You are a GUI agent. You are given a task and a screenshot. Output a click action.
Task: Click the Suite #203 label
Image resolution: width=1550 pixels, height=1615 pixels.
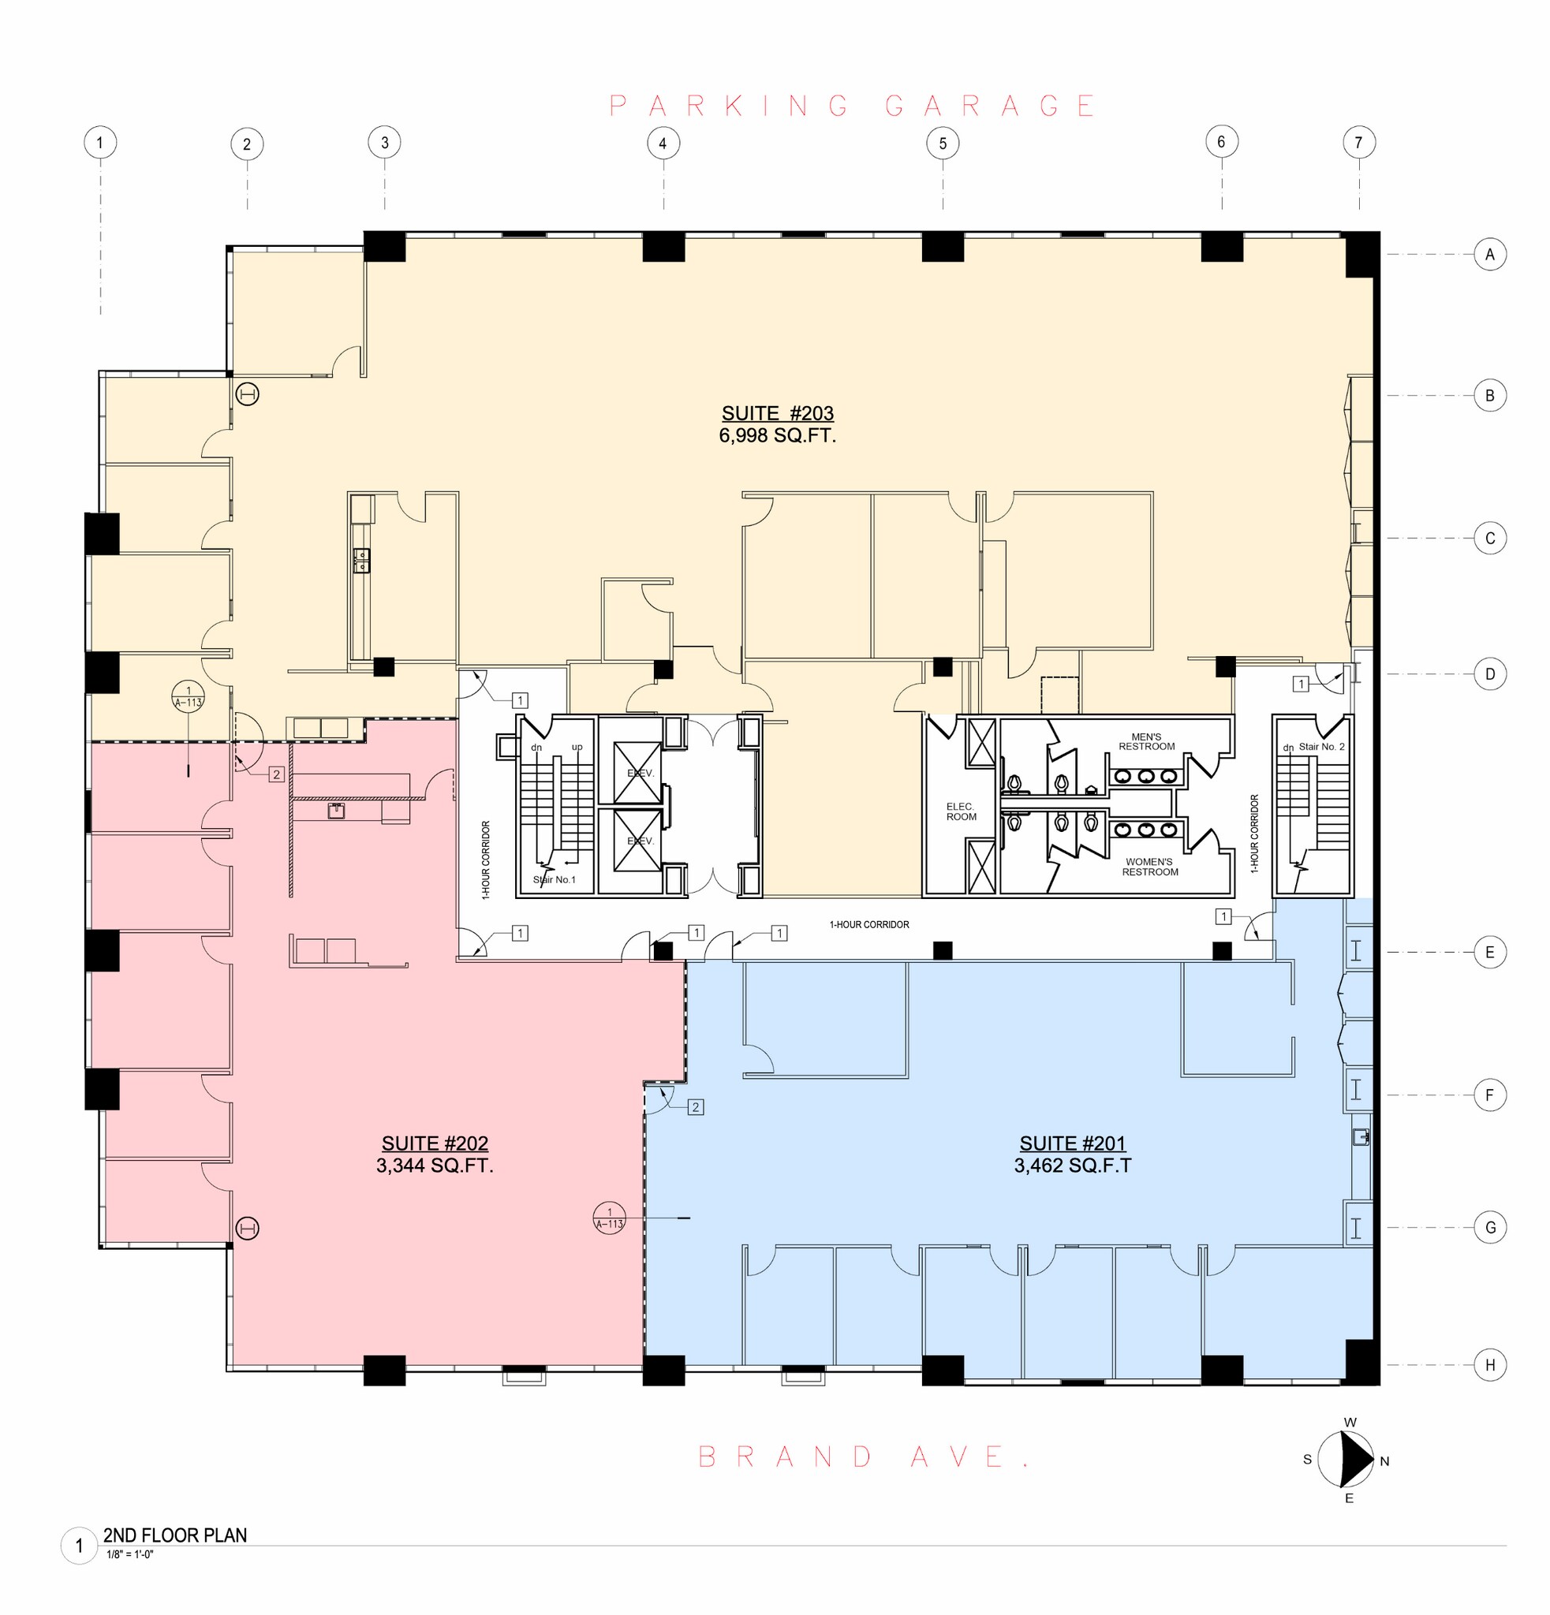(x=777, y=414)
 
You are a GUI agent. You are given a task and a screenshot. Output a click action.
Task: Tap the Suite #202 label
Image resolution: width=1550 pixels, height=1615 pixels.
(x=435, y=1143)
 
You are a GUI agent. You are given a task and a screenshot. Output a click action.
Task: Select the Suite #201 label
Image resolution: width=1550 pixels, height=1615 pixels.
(x=1072, y=1143)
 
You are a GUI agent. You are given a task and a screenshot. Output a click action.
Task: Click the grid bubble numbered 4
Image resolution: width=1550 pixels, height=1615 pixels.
(x=663, y=144)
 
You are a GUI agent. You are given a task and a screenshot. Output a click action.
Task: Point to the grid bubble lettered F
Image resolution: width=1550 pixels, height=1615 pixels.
(x=1489, y=1095)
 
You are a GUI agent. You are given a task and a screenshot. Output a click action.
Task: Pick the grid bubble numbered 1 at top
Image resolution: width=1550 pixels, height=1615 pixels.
(x=99, y=143)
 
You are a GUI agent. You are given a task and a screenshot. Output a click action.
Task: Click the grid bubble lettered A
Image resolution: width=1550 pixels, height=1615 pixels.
(x=1489, y=255)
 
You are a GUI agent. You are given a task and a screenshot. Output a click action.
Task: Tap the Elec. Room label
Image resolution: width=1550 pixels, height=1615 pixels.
(x=961, y=811)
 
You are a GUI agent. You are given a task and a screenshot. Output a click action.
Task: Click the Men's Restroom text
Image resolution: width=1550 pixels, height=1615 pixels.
(x=1146, y=741)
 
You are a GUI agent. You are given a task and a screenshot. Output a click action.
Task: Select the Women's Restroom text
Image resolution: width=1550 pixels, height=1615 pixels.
(x=1149, y=867)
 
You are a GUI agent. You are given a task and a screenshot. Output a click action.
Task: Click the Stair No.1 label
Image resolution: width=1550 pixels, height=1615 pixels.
(x=554, y=880)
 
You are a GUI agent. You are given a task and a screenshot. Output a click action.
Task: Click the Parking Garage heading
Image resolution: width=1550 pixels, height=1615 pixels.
(x=852, y=106)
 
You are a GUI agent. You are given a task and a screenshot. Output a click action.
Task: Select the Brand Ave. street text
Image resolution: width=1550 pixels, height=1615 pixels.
(x=864, y=1456)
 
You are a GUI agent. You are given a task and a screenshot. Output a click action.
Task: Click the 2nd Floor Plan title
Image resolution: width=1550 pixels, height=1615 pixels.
(x=174, y=1535)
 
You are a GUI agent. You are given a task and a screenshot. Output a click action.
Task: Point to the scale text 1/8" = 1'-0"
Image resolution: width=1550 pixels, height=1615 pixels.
(x=130, y=1555)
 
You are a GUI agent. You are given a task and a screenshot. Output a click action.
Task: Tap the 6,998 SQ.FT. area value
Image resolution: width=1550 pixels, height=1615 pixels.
(x=777, y=435)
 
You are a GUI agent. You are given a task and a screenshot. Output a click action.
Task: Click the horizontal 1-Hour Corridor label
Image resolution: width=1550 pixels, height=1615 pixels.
(x=869, y=924)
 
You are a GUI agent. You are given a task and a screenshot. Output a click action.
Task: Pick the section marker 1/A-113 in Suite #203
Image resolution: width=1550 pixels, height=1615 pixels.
(x=188, y=696)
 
